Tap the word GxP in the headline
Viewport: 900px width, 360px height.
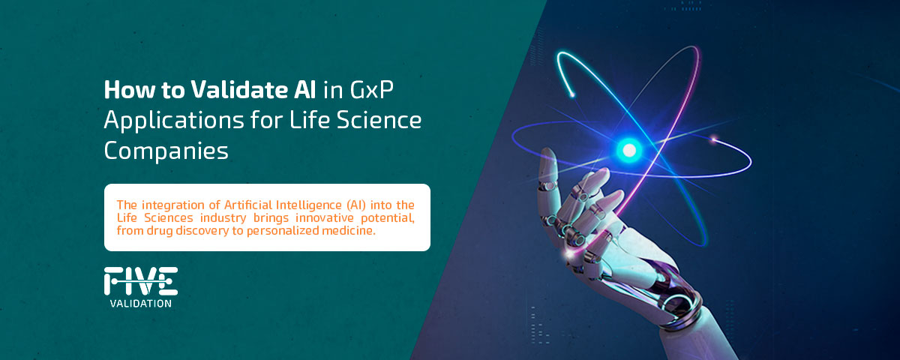click(372, 89)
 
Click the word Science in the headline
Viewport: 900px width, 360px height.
click(379, 120)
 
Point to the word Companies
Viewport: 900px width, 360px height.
click(166, 151)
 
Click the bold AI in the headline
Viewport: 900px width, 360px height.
click(305, 89)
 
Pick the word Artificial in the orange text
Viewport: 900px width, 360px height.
click(248, 205)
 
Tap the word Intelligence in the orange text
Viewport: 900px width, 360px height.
click(308, 205)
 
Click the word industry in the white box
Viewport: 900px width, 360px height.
click(223, 218)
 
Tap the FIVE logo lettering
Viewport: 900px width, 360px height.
click(141, 281)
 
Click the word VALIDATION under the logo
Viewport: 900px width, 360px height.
click(141, 304)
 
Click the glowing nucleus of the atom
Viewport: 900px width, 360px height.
click(629, 151)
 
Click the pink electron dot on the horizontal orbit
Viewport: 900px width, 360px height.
click(714, 139)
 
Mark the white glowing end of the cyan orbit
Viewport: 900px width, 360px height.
click(572, 94)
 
